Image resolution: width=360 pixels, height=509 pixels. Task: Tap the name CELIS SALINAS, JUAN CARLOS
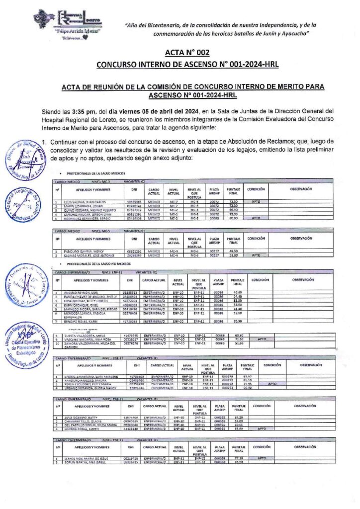(86, 201)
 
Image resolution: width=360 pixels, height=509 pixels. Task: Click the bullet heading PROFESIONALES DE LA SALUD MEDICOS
(96, 172)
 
